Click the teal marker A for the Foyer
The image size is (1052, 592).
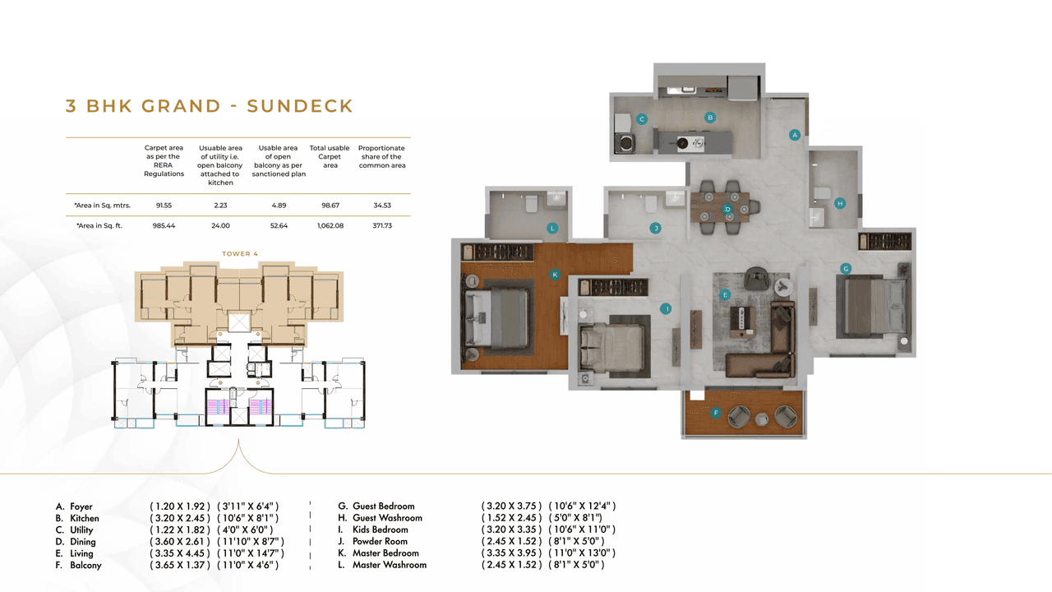794,134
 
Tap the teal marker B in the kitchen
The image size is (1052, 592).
710,118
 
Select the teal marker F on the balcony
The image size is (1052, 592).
716,414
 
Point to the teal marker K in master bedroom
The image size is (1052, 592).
555,275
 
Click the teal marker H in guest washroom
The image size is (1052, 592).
839,203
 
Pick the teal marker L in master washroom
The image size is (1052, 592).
552,228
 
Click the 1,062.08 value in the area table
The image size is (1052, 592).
330,225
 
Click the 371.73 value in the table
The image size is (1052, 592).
381,225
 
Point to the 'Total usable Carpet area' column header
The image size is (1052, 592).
330,156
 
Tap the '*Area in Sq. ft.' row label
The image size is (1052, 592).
99,225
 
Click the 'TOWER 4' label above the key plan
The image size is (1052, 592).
240,254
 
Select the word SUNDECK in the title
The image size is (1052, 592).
300,106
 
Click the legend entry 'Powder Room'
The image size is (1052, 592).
380,542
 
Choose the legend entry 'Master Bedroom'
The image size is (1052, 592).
385,553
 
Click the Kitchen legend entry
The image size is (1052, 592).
84,519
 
